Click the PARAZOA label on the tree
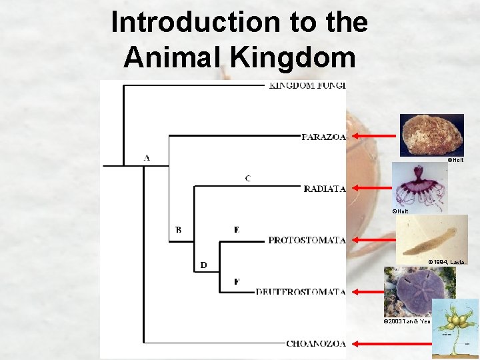[x=323, y=137]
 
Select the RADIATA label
[x=324, y=189]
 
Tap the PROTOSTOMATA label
[x=307, y=240]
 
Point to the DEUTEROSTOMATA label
[x=301, y=292]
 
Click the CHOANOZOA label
[x=316, y=344]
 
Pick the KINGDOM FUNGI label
[x=307, y=85]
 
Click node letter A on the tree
[x=147, y=158]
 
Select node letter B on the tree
[x=178, y=230]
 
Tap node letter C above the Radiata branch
[x=248, y=178]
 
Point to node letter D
[x=204, y=265]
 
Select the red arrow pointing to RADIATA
[x=373, y=188]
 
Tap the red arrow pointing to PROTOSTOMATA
[x=373, y=239]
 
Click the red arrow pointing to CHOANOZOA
[x=373, y=343]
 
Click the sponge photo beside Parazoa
[x=431, y=135]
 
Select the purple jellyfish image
[x=419, y=185]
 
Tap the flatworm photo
[x=431, y=236]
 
